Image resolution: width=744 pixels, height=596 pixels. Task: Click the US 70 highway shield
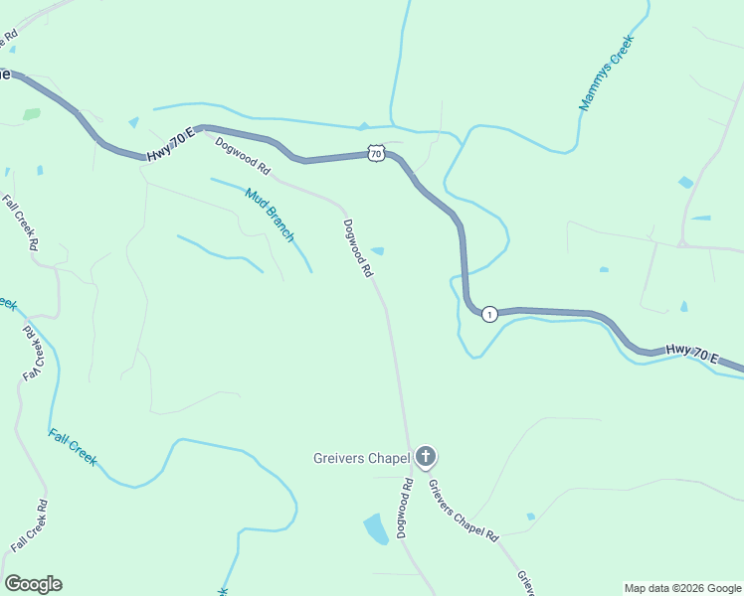tap(375, 153)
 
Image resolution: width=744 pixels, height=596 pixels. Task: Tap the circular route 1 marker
tap(489, 314)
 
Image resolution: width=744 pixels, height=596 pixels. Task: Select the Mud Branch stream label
tap(270, 215)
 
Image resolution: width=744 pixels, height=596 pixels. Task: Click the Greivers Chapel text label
tap(362, 458)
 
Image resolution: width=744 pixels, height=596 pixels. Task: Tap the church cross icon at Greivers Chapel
tap(426, 457)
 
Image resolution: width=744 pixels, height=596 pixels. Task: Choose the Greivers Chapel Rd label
tap(463, 511)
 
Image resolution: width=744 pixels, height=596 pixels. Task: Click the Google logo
tap(33, 584)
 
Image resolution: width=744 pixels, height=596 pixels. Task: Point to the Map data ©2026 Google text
tap(681, 588)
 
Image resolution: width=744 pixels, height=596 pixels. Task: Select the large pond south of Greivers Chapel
tap(376, 528)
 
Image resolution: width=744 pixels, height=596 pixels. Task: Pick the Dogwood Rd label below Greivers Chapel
tap(405, 509)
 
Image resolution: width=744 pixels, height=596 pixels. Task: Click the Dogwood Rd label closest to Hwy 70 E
tap(243, 155)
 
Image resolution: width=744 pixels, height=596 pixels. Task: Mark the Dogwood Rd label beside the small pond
tap(358, 248)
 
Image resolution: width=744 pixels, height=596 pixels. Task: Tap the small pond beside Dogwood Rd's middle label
tap(378, 251)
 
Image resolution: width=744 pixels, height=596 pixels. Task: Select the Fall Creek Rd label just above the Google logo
tap(29, 527)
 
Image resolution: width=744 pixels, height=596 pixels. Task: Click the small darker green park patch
tap(32, 114)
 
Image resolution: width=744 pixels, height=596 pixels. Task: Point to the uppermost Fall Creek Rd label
tap(21, 223)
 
